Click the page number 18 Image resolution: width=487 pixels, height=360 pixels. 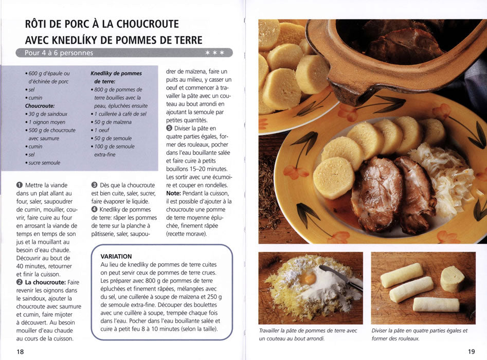(x=20, y=352)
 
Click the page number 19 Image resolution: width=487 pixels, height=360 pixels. (x=471, y=352)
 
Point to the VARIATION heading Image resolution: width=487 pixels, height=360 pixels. (x=116, y=256)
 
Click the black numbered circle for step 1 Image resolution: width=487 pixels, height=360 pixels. (x=20, y=185)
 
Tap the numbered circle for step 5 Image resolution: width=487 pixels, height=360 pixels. (x=169, y=128)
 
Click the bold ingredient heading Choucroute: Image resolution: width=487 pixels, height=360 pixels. (x=40, y=106)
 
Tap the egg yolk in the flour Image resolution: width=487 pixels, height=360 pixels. (x=308, y=278)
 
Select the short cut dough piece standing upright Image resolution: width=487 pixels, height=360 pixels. (x=452, y=279)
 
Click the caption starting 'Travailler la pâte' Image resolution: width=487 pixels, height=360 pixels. (x=309, y=334)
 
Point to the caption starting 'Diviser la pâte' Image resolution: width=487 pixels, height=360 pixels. (x=420, y=334)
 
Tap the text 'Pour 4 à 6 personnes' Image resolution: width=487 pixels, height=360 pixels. (x=59, y=53)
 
